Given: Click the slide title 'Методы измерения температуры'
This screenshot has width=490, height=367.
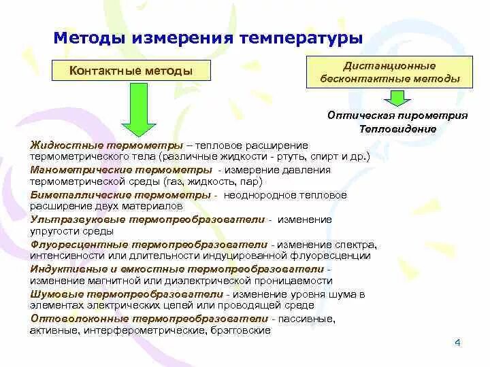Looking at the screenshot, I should tap(208, 37).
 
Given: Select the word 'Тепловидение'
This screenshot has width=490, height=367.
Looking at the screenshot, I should tap(398, 128).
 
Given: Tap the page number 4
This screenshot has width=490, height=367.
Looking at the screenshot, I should tap(457, 343).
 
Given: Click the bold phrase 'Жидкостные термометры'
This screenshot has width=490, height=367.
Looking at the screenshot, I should tap(107, 145).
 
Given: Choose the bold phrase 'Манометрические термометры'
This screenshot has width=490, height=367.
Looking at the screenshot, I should tap(120, 170).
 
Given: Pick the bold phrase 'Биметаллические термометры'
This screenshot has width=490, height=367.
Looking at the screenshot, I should tap(120, 195).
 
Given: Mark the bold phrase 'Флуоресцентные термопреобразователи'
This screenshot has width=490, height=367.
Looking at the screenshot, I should tap(148, 245).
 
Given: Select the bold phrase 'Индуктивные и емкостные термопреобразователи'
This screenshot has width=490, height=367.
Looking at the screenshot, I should tap(178, 269).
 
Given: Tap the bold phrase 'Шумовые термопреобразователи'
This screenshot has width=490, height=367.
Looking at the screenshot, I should tap(127, 294).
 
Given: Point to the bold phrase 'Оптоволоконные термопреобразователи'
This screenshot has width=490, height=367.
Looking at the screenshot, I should tap(149, 319).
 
